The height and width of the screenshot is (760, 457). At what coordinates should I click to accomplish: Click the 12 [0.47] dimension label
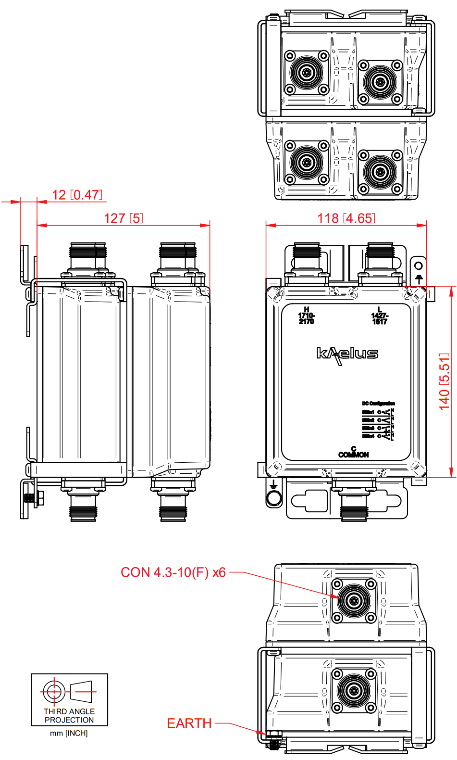tap(77, 195)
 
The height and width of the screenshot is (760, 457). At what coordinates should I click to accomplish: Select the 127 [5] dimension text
tap(124, 218)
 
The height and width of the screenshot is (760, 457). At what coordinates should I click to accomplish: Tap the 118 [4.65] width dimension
tap(346, 218)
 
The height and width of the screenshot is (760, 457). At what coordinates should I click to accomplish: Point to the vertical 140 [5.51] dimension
tap(445, 382)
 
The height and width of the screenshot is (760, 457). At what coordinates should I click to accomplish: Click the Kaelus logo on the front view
tap(347, 355)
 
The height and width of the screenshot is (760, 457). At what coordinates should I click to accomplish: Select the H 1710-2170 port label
tap(306, 316)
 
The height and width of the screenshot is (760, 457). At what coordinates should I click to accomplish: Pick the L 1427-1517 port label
tap(380, 316)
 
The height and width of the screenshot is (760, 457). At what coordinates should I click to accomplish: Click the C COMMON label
tap(354, 452)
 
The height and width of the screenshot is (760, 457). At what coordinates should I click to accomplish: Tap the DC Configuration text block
tap(379, 420)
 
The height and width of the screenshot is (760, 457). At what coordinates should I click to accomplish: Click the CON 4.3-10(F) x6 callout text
tap(173, 572)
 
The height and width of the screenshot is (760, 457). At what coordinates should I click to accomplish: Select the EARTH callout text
tap(189, 723)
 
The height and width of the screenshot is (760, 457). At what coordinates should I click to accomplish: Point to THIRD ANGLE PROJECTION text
tap(69, 716)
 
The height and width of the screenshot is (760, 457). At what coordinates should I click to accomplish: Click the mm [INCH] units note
tap(69, 734)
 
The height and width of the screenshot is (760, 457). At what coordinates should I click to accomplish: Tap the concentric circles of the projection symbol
tap(53, 692)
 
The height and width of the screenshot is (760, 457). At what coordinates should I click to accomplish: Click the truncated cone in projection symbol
tap(81, 692)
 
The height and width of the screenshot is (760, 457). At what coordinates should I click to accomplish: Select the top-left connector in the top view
tap(307, 73)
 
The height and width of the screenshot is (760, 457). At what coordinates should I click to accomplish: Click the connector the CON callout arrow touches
tap(354, 600)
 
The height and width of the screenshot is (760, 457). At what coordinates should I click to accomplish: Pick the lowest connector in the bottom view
tap(354, 691)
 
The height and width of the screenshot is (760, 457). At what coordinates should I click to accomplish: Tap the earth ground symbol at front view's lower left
tap(273, 484)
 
